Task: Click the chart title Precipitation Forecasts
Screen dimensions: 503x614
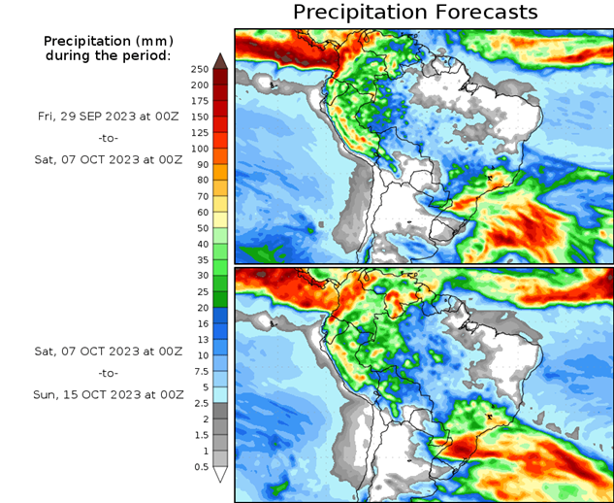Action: pyautogui.click(x=414, y=13)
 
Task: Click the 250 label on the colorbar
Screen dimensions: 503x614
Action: pyautogui.click(x=200, y=69)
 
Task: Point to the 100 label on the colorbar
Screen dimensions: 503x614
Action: pyautogui.click(x=200, y=149)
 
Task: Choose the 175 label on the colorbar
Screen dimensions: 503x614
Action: pyautogui.click(x=200, y=101)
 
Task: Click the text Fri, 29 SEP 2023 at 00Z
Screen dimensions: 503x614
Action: pyautogui.click(x=108, y=116)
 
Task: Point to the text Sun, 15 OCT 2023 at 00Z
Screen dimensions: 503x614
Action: pyautogui.click(x=108, y=394)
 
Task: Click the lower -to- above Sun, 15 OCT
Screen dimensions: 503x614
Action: pyautogui.click(x=108, y=372)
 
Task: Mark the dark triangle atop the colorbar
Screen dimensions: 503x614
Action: pyautogui.click(x=220, y=60)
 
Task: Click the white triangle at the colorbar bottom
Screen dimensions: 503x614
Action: pyautogui.click(x=220, y=475)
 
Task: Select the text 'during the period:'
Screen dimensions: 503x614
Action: pyautogui.click(x=108, y=55)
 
